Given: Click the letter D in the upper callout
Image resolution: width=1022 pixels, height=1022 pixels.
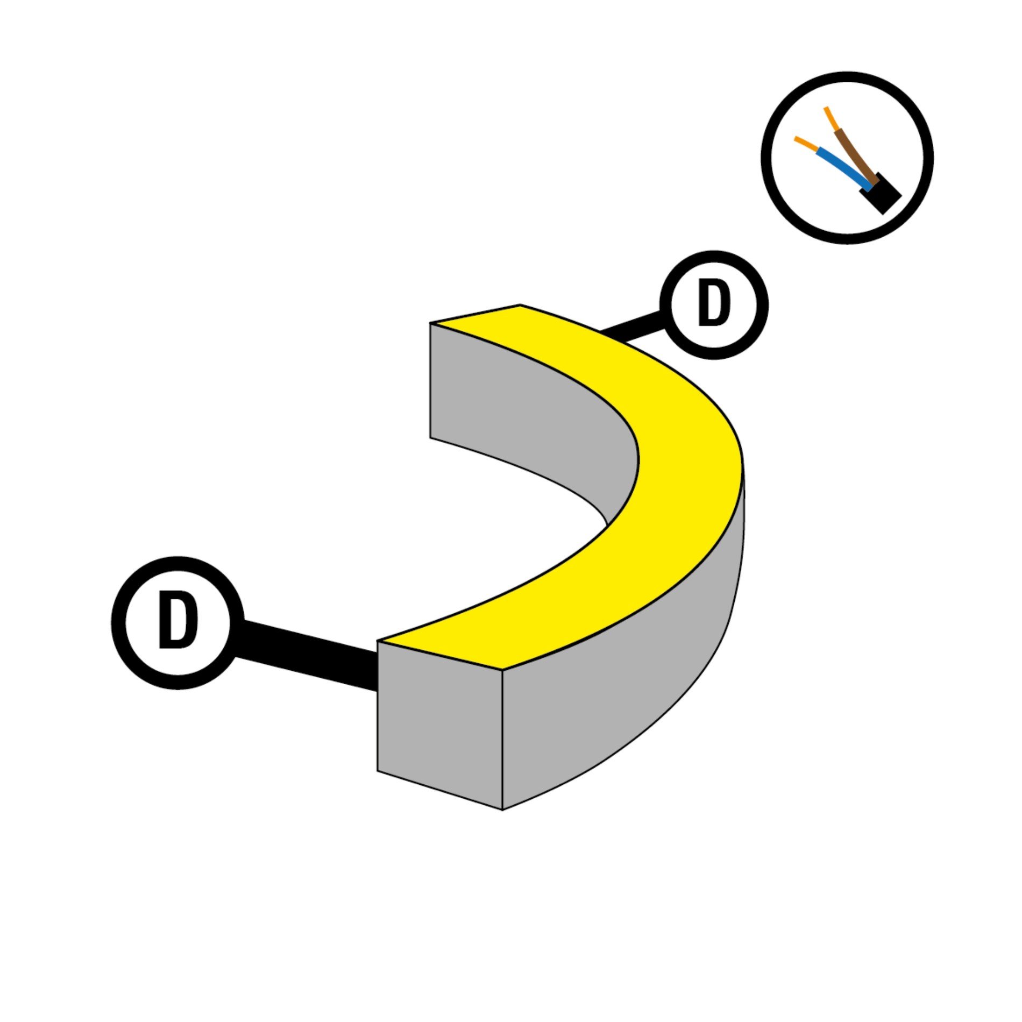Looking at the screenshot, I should click(x=714, y=304).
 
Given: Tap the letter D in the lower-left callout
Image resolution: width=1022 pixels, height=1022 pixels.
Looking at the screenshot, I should click(x=178, y=620).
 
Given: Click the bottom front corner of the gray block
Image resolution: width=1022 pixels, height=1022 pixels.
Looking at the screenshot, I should click(x=502, y=808).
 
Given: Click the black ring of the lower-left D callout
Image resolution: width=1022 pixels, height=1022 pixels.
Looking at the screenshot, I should click(x=119, y=622).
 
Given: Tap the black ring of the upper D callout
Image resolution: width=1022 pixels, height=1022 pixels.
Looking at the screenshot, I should click(x=666, y=305).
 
